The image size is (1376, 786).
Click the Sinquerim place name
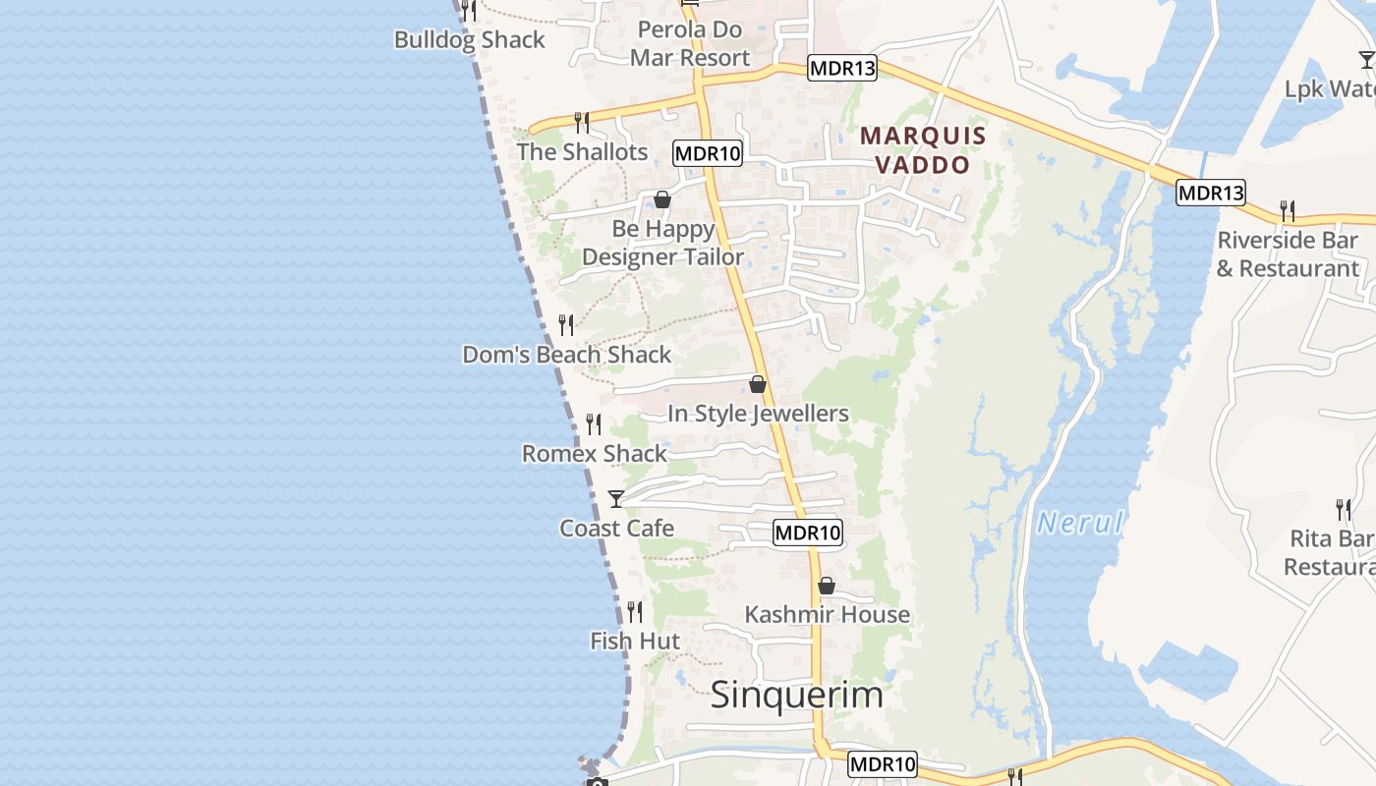coord(796,695)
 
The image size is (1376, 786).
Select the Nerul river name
coord(1080,523)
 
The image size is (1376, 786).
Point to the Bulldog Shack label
coord(469,40)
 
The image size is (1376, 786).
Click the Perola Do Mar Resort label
coord(690,43)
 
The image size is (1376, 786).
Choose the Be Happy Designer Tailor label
coord(663,243)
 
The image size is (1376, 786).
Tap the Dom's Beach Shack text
coord(566,354)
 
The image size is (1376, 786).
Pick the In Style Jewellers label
coord(758,414)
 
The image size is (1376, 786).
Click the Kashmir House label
coord(827,614)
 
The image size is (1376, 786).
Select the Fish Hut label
coord(635,642)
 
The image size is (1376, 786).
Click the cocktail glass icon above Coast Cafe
coord(616,499)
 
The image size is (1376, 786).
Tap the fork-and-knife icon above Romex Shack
coord(594,424)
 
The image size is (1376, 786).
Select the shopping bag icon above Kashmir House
coord(827,586)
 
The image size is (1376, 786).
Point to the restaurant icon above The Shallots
coord(582,123)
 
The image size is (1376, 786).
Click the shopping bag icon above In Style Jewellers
coord(758,384)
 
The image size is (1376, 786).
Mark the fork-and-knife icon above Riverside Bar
coord(1287,210)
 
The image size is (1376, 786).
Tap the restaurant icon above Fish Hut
coord(635,612)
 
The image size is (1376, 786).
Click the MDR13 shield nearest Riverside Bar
coord(1211,193)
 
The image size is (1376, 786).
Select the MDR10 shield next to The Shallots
coord(708,152)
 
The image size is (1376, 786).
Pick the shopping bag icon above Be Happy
coord(662,200)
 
